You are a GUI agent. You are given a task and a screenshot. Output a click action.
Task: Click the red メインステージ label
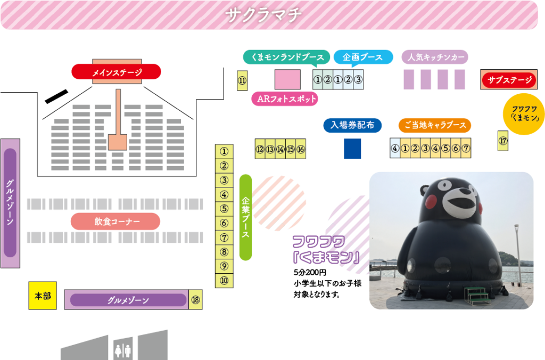tap(116, 72)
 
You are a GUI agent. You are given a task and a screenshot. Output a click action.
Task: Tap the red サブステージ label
tap(509, 80)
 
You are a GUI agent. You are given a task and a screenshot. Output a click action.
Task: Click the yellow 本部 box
tap(43, 296)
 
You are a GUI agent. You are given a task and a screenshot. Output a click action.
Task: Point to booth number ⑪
tap(242, 80)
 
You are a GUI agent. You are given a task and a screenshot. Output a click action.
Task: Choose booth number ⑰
tap(503, 141)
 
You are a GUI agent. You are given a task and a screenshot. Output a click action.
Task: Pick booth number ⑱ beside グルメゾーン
tap(195, 300)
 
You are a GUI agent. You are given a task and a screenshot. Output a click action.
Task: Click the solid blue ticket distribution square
tap(352, 149)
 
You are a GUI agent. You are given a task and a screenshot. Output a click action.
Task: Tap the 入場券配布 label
tap(352, 125)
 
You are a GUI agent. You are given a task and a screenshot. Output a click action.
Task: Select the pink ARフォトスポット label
tap(284, 99)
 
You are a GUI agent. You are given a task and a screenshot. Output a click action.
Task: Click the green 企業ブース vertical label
tap(245, 217)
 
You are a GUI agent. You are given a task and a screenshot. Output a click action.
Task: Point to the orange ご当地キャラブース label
tap(434, 125)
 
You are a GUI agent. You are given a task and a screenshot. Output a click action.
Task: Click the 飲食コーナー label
tap(115, 221)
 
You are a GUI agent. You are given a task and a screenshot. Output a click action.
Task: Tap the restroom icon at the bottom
tap(123, 350)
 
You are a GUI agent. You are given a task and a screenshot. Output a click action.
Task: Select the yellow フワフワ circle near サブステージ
tap(524, 114)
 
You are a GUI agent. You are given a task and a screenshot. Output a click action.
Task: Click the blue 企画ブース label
tap(363, 57)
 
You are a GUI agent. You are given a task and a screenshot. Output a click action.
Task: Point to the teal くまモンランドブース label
tap(283, 57)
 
